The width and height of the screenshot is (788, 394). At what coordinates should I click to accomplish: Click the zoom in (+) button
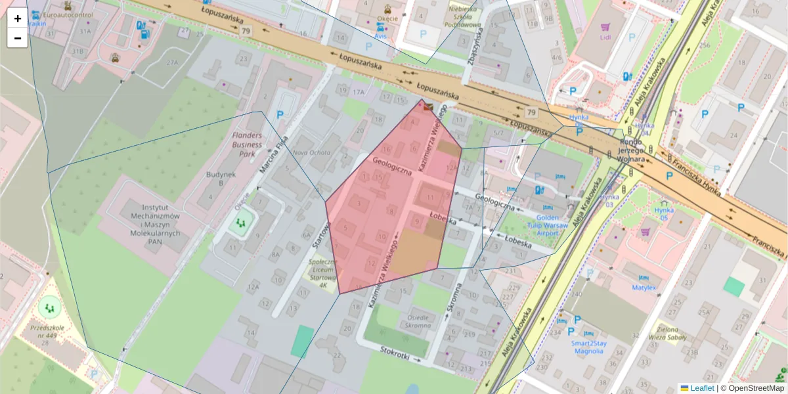pyautogui.click(x=18, y=18)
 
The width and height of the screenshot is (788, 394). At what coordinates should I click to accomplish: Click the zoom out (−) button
pyautogui.click(x=18, y=38)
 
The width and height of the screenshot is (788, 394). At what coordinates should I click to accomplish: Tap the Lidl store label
pyautogui.click(x=605, y=37)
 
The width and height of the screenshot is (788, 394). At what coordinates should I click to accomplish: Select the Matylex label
pyautogui.click(x=644, y=288)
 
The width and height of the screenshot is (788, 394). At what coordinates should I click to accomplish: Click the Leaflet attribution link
pyautogui.click(x=701, y=388)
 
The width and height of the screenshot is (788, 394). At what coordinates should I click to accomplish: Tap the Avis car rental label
pyautogui.click(x=381, y=37)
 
